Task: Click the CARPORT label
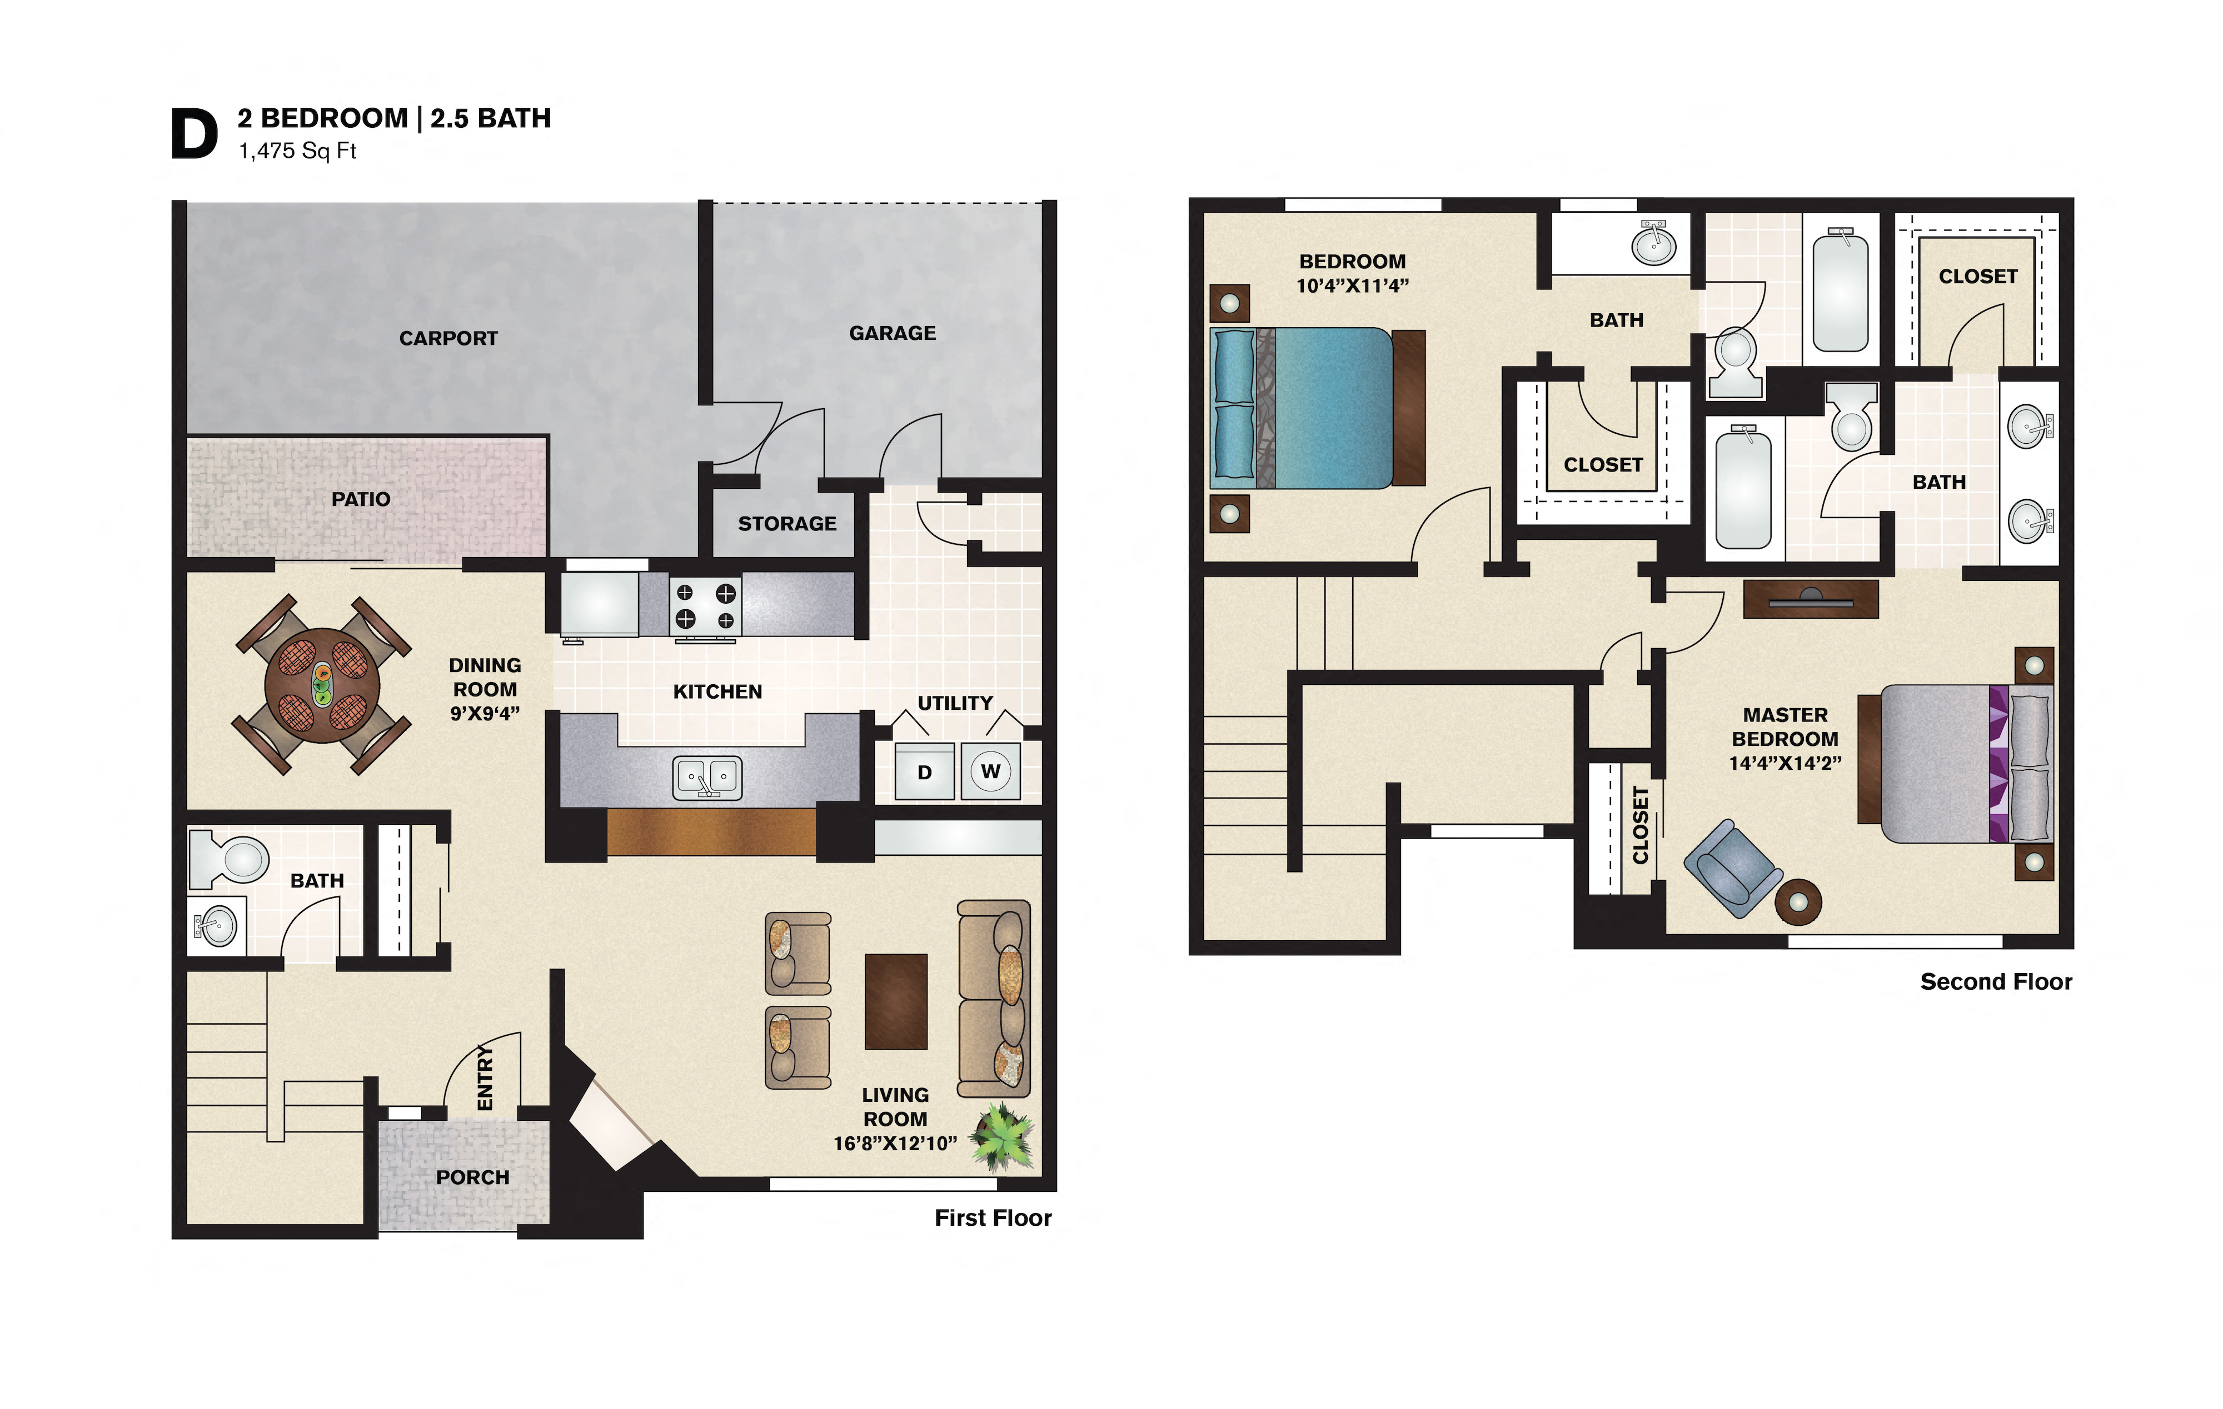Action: pyautogui.click(x=448, y=339)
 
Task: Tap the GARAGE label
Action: pyautogui.click(x=892, y=333)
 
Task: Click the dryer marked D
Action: pyautogui.click(x=924, y=771)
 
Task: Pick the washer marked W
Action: pyautogui.click(x=990, y=771)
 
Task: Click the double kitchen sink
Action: pyautogui.click(x=707, y=777)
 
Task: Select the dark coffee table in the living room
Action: pyautogui.click(x=895, y=1001)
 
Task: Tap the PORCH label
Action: pyautogui.click(x=472, y=1177)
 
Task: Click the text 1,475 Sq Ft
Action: pyautogui.click(x=297, y=151)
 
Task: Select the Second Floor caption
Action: pyautogui.click(x=1996, y=982)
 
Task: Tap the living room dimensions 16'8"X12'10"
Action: pyautogui.click(x=895, y=1144)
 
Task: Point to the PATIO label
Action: pyautogui.click(x=361, y=499)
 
